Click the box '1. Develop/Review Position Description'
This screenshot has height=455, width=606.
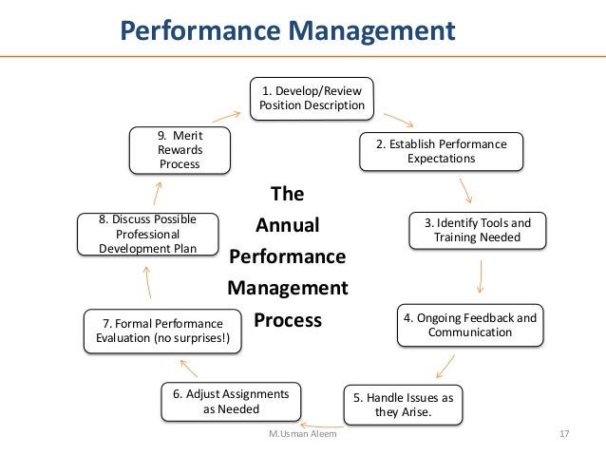[x=312, y=98]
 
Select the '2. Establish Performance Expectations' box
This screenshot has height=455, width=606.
[x=441, y=151]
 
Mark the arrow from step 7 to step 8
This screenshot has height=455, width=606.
[x=147, y=282]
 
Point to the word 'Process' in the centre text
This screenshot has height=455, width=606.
[x=288, y=320]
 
